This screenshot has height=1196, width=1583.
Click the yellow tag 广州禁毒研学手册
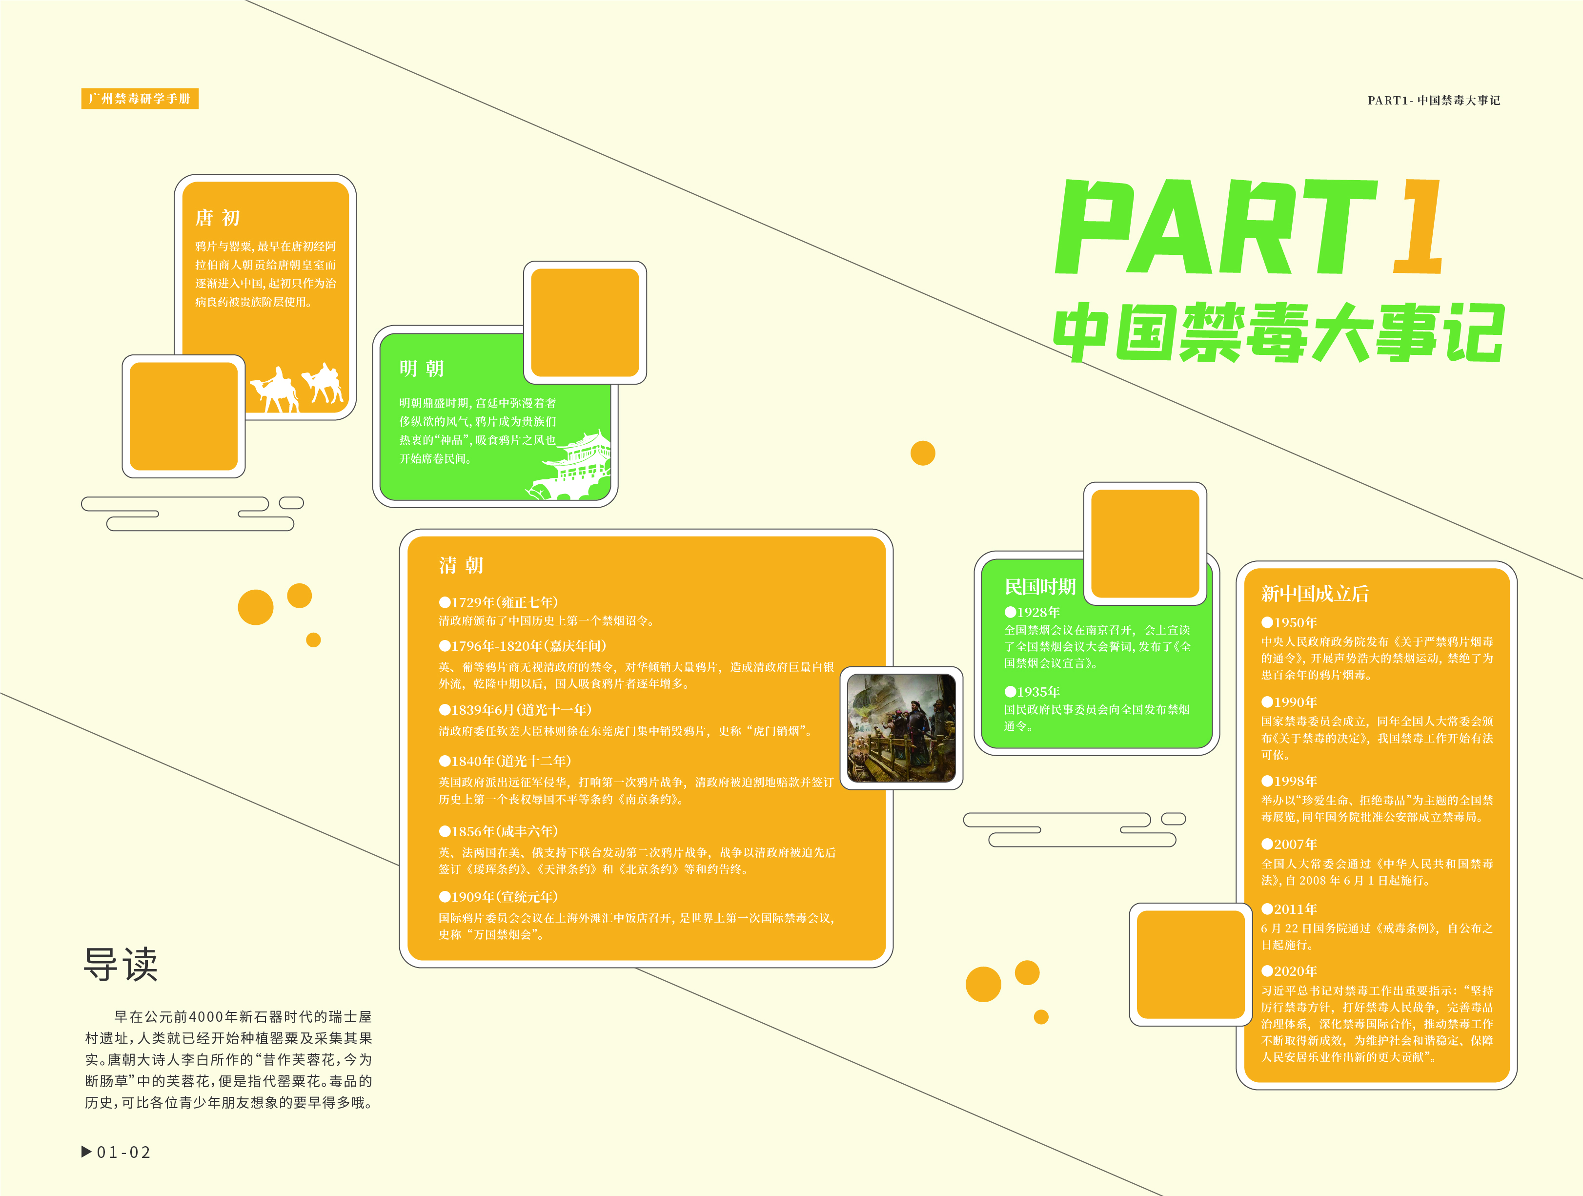point(140,99)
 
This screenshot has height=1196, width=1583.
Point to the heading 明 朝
point(422,368)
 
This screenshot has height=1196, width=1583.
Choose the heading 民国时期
point(1040,587)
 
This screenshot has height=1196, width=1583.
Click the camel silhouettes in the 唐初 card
point(296,388)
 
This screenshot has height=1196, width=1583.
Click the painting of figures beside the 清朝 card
point(901,728)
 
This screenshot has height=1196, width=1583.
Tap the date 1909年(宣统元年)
point(499,897)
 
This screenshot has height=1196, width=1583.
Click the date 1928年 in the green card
point(1032,612)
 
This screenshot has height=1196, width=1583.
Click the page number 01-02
point(124,1153)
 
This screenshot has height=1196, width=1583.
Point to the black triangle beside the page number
point(86,1152)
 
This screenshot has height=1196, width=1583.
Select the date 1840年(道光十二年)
point(505,761)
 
